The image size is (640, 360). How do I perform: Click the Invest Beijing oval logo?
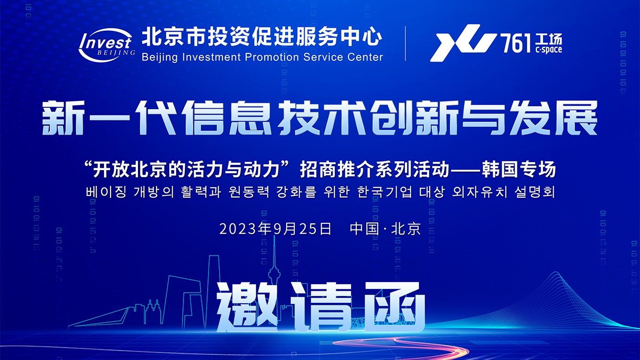pyautogui.click(x=106, y=45)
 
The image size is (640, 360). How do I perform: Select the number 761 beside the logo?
pyautogui.click(x=516, y=43)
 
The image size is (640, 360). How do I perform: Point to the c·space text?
pyautogui.click(x=549, y=50)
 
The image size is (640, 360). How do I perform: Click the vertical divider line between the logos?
pyautogui.click(x=405, y=43)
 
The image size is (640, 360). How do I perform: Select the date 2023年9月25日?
pyautogui.click(x=275, y=229)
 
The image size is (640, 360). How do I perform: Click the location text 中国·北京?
pyautogui.click(x=385, y=229)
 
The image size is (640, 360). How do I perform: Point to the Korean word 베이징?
pyautogui.click(x=106, y=192)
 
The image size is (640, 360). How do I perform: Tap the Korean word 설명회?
pyautogui.click(x=535, y=192)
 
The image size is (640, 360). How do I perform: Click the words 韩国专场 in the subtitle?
pyautogui.click(x=519, y=170)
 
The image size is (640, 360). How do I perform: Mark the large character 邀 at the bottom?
pyautogui.click(x=247, y=307)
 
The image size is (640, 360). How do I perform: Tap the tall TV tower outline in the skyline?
pyautogui.click(x=274, y=274)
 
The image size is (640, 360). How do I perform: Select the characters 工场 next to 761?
pyautogui.click(x=549, y=39)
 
